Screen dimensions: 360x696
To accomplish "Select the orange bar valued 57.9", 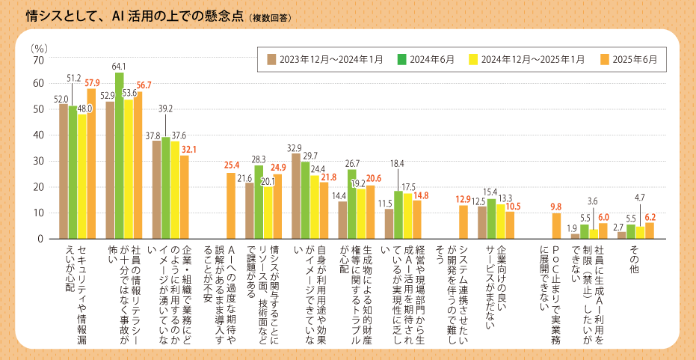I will click(91, 164).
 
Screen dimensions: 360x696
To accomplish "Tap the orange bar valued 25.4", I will click(231, 206).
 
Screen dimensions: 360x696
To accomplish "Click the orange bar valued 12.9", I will click(464, 222).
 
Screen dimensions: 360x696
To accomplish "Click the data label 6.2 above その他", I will click(650, 216).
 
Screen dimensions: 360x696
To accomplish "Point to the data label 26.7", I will click(351, 162).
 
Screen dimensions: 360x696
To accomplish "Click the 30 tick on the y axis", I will click(39, 161).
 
